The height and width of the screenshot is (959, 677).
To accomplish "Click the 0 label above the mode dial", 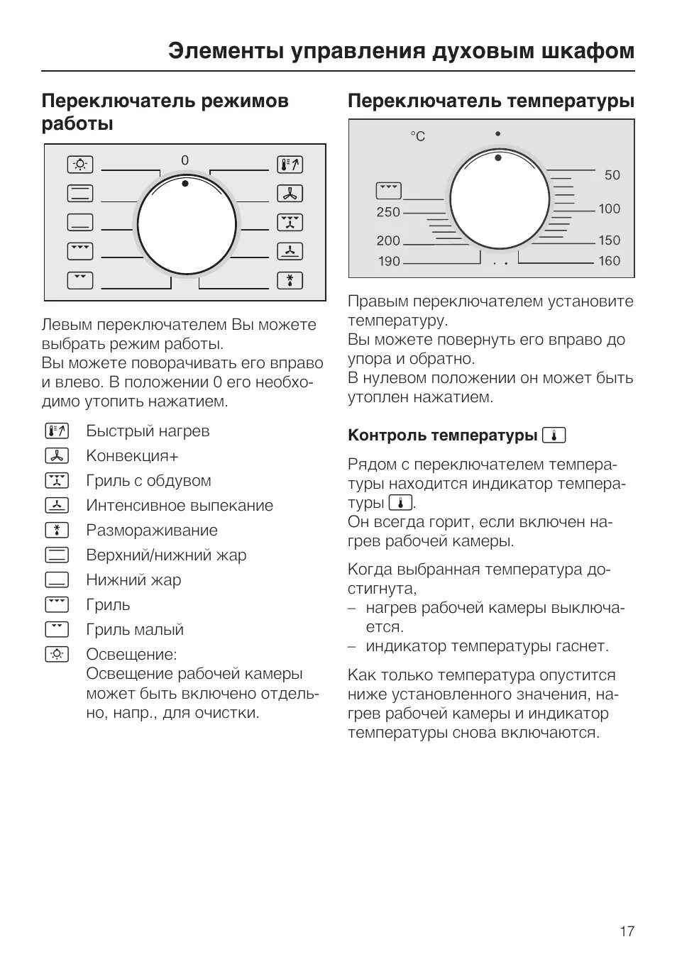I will [x=185, y=161].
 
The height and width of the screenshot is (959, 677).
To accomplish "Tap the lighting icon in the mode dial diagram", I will [x=80, y=165].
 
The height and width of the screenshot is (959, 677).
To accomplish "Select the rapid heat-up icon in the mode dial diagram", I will [x=290, y=165].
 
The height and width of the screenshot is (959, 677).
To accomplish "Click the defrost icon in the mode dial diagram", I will [x=290, y=280].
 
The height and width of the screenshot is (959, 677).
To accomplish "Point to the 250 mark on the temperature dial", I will [x=388, y=212].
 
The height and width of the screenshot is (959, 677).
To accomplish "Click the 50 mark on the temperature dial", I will [x=612, y=175].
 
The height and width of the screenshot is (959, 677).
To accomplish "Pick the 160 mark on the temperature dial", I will [x=609, y=261].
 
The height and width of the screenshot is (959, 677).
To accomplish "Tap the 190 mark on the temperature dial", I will [x=389, y=261].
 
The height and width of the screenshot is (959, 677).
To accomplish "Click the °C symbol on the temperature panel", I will [x=417, y=136].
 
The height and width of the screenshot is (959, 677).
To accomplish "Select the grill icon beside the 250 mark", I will [x=388, y=190].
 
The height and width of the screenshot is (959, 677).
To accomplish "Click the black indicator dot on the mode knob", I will [x=185, y=183].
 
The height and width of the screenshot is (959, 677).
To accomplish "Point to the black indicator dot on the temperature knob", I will [x=499, y=157].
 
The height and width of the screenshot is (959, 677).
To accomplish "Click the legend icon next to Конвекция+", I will [x=57, y=455].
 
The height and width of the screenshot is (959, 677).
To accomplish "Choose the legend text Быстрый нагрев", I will [x=148, y=431].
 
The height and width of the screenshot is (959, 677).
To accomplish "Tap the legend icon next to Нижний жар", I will [x=57, y=580].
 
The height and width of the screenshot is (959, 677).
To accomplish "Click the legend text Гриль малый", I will [x=135, y=630].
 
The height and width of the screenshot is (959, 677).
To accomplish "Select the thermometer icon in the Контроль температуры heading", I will [x=554, y=435].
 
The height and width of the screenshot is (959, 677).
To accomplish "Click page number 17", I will [x=627, y=931].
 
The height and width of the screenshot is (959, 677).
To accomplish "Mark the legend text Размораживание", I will [x=152, y=531].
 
